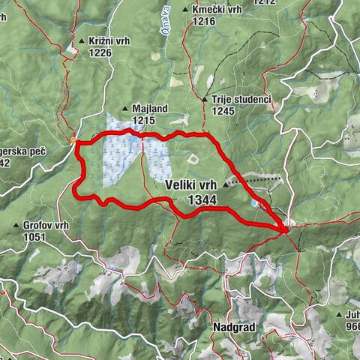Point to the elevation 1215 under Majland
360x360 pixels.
click(144, 119)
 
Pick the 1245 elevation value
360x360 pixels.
click(223, 110)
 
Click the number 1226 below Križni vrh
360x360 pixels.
click(100, 52)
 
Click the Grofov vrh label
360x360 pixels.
click(46, 225)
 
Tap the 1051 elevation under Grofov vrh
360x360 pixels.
click(34, 236)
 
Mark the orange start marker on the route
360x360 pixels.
click(73, 139)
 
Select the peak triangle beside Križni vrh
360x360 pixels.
click(82, 41)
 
